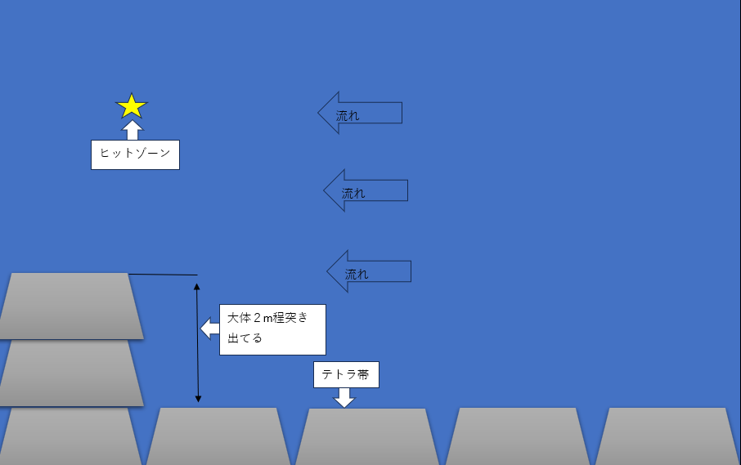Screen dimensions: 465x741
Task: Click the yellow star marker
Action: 132,106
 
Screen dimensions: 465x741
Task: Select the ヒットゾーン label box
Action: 135,154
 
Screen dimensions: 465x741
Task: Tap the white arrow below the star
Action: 132,130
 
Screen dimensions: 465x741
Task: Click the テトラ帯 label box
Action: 346,374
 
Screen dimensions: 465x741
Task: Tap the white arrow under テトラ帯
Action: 345,397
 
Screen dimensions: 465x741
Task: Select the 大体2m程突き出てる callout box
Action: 272,329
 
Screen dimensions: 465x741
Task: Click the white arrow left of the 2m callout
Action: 210,329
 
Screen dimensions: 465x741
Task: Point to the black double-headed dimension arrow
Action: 197,342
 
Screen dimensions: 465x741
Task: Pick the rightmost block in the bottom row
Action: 667,436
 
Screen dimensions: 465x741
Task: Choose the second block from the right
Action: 517,436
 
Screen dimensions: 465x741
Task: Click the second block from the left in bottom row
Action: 218,436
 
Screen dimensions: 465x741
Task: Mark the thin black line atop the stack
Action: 164,275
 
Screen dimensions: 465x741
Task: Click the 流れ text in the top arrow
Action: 348,116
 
